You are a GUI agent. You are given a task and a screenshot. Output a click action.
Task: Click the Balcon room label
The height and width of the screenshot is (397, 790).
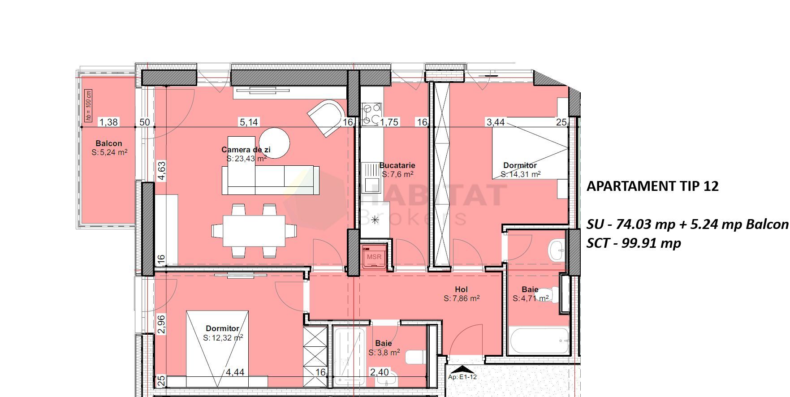tap(108, 143)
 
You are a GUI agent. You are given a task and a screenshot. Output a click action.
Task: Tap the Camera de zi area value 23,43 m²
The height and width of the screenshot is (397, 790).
tap(246, 159)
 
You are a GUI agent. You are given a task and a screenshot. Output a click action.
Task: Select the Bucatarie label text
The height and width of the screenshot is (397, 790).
tap(397, 165)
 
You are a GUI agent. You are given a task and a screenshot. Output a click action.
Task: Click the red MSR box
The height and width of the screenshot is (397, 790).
tap(374, 257)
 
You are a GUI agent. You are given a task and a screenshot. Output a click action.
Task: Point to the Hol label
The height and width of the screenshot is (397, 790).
tap(461, 289)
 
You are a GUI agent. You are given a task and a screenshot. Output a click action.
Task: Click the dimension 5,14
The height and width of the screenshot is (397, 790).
tap(249, 122)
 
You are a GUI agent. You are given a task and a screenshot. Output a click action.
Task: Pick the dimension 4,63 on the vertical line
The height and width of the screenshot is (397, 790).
tap(162, 171)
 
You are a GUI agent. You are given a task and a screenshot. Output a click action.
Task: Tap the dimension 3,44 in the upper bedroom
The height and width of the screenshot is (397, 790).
tap(496, 122)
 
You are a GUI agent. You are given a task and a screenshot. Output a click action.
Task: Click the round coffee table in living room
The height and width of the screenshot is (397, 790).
tap(274, 143)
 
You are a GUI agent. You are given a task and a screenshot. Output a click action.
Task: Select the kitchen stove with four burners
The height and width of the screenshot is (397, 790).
tap(371, 113)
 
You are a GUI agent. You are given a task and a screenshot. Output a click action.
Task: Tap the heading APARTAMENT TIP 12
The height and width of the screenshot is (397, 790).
tap(652, 186)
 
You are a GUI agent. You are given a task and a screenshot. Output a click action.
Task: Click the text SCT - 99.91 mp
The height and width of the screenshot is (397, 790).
tap(634, 243)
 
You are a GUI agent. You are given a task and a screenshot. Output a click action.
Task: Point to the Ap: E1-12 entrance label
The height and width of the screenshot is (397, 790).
tap(462, 377)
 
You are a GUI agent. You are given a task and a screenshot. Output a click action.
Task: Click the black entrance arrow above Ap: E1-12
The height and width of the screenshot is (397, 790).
tap(462, 370)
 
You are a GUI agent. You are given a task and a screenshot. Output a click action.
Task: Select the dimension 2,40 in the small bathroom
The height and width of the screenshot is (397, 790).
tap(379, 372)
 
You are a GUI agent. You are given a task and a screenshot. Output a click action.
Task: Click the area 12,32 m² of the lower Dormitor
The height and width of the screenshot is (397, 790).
tap(223, 337)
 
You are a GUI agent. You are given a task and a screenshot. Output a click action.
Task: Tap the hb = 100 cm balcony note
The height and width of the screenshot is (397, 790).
tap(88, 105)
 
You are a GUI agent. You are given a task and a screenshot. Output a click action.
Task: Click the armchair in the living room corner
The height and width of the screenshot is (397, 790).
tap(326, 117)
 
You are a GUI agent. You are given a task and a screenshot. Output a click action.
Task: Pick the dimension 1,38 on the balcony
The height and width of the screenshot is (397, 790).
tap(108, 122)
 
